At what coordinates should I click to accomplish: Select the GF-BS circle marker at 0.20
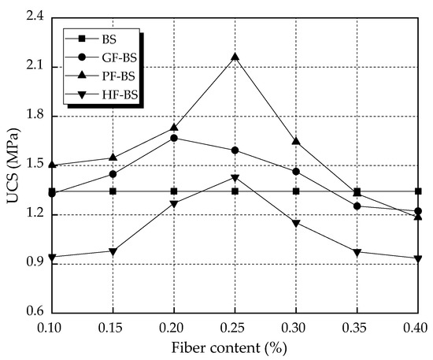(174, 138)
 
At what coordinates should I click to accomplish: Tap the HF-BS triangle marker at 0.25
(235, 178)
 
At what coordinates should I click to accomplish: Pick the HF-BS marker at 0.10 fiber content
(52, 258)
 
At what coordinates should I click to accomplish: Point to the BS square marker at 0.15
(113, 191)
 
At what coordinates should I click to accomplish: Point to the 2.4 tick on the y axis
(33, 18)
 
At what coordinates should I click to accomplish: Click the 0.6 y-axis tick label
(33, 314)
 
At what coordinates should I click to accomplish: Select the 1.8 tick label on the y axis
(33, 117)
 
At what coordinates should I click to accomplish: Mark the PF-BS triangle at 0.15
(113, 158)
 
